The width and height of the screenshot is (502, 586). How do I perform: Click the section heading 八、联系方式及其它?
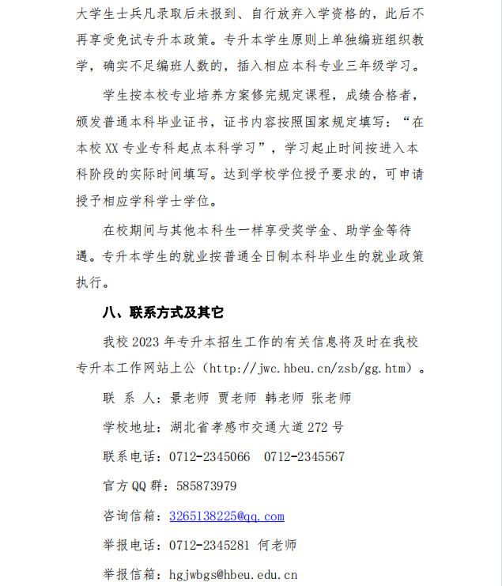pyautogui.click(x=164, y=312)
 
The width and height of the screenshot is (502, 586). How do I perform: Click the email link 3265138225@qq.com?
pyautogui.click(x=226, y=516)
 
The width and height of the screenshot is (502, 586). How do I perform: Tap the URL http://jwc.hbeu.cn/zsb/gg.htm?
pyautogui.click(x=311, y=369)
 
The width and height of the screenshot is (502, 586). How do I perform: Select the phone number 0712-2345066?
pyautogui.click(x=209, y=457)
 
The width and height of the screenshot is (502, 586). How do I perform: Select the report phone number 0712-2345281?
pyautogui.click(x=209, y=546)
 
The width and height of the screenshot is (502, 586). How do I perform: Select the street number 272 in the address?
pyautogui.click(x=319, y=428)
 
